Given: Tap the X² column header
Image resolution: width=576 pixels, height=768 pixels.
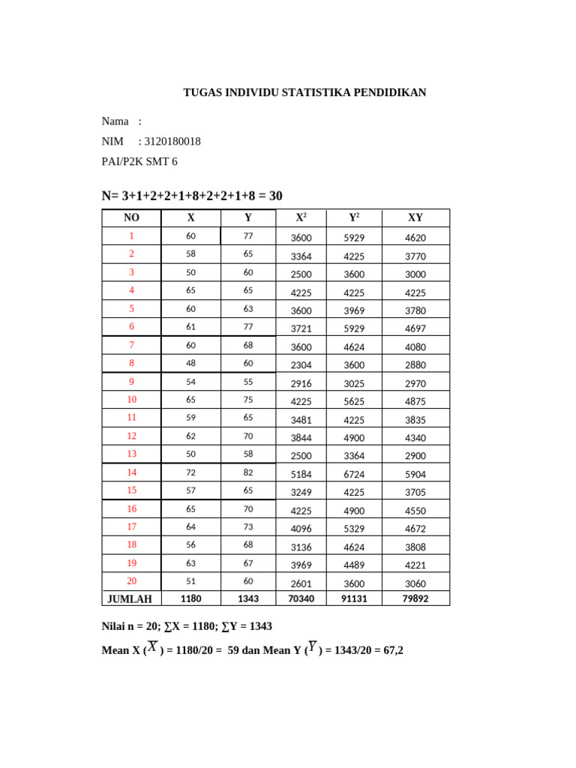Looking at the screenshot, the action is coord(301,217).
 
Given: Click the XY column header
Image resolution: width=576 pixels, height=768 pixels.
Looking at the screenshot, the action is coord(415,217).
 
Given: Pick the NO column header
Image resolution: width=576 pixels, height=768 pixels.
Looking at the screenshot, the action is coord(132,217).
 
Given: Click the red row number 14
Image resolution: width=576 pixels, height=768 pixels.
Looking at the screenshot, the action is coord(132,472).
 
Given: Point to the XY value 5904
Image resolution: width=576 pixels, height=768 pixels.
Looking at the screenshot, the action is coord(415,474).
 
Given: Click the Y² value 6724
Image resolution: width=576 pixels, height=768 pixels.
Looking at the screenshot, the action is coord(354,474).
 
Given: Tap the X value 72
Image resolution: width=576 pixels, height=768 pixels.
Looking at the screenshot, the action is coord(190,472).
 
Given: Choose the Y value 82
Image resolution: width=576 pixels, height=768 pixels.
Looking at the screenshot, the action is coord(247,472).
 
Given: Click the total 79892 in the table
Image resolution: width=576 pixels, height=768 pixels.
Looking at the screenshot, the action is coord(415,598).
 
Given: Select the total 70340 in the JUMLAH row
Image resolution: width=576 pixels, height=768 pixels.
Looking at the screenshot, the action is coord(301,598).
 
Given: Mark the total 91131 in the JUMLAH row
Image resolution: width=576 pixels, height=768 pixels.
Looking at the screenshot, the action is coord(354,598).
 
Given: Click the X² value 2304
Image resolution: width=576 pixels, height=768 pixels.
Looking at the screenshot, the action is coord(301,365).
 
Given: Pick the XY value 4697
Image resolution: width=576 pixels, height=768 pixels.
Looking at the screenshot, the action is coord(415,328).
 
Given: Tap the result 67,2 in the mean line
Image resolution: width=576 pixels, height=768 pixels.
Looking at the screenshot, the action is coord(392,650).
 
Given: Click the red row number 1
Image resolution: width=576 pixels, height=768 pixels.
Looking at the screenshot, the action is coord(132,236).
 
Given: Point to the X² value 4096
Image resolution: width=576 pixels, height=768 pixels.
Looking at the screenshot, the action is coord(301,529).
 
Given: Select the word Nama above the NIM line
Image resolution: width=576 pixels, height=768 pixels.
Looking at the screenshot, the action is coord(115,121).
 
